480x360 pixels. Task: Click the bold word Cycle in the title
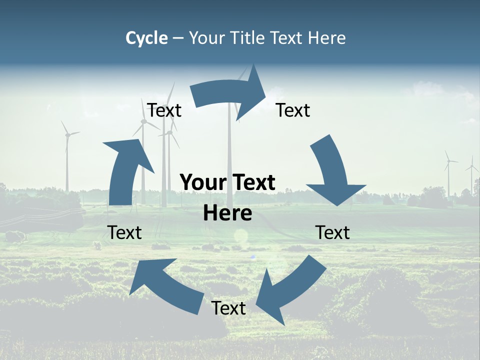click(x=146, y=38)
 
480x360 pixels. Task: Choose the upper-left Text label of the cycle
click(x=164, y=110)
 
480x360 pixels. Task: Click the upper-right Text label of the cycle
click(x=293, y=110)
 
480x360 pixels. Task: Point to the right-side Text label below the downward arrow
click(x=332, y=232)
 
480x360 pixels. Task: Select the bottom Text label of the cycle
click(x=228, y=308)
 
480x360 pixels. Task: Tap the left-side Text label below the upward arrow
click(x=124, y=232)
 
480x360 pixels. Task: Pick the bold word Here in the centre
click(x=227, y=213)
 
